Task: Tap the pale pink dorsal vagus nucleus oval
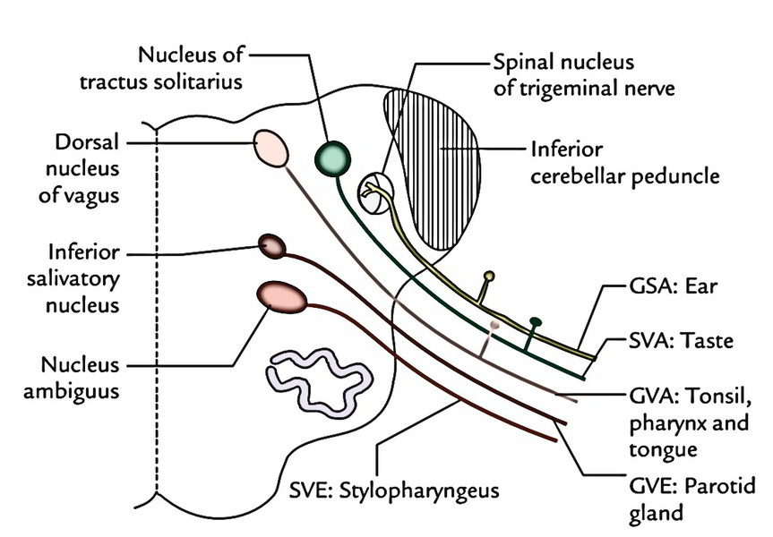point(271,148)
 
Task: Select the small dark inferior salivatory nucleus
point(271,245)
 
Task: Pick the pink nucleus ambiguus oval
point(280,295)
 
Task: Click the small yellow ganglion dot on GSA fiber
point(488,276)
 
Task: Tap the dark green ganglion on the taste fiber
point(536,320)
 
